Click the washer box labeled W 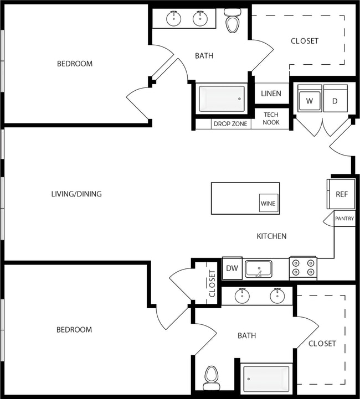(310, 101)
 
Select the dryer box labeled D (335, 101)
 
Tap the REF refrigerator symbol (341, 194)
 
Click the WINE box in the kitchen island (268, 203)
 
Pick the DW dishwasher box (232, 269)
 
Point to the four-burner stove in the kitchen (303, 268)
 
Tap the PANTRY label (344, 219)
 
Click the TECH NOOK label (271, 118)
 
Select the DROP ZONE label (230, 124)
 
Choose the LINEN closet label (271, 94)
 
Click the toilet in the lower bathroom (211, 378)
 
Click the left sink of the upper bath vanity (174, 18)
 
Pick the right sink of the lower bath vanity (277, 296)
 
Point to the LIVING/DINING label (76, 194)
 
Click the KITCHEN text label (271, 236)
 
